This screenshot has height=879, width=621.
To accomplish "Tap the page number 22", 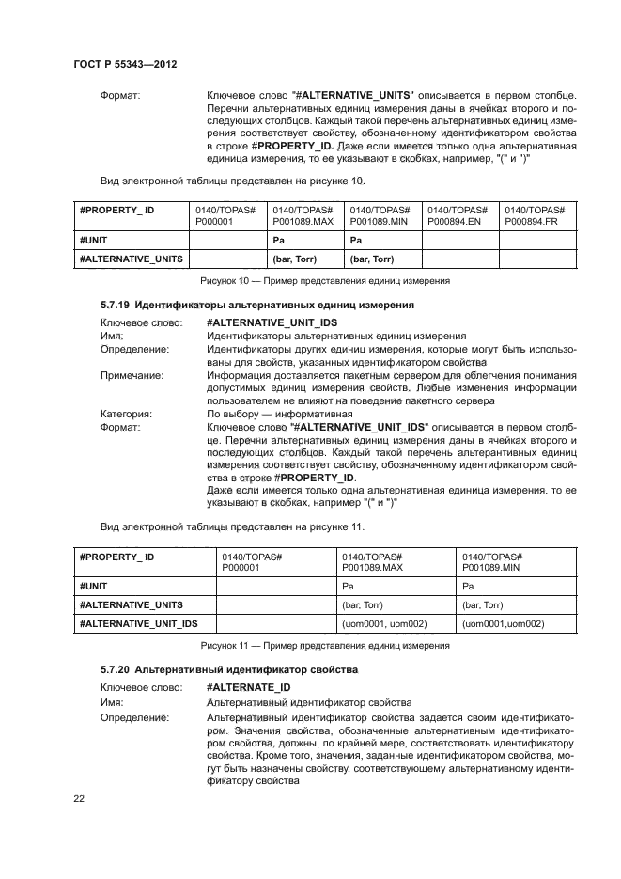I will click(79, 799).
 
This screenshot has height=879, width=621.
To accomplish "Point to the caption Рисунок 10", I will click(325, 281).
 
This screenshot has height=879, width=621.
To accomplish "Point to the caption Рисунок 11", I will click(325, 645).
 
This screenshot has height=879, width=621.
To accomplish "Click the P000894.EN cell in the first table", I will click(457, 214).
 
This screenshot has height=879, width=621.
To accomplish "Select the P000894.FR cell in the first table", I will click(535, 214).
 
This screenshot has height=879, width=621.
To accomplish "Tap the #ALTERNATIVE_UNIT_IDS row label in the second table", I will click(138, 624).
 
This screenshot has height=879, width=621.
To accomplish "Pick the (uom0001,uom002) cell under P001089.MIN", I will click(503, 624).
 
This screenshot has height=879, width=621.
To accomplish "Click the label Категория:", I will click(127, 413).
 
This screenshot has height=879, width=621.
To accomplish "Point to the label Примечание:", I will click(132, 374).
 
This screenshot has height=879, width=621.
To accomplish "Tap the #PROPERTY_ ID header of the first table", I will click(117, 209).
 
